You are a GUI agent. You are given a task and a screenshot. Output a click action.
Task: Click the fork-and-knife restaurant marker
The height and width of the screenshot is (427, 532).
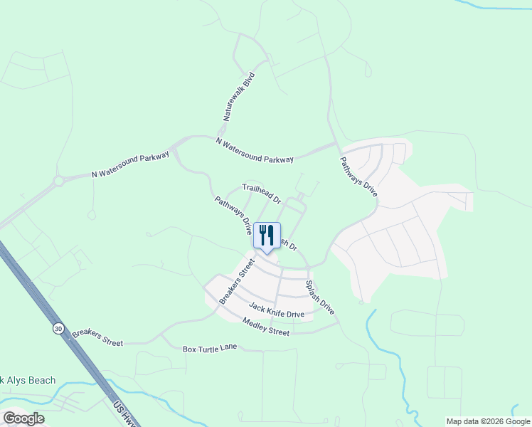coord(267,235)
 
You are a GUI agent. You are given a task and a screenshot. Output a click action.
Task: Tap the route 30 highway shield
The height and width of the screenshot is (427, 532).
coord(57,328)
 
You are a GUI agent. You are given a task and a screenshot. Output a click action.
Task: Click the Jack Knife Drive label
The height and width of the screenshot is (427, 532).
coord(277,310)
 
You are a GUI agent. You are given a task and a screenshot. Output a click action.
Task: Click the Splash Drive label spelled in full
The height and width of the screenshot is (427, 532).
coord(319,297)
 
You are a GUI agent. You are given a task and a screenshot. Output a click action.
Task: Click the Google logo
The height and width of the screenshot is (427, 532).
coord(23,418)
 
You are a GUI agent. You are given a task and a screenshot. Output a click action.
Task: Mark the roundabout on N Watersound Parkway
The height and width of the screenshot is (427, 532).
coord(59,181)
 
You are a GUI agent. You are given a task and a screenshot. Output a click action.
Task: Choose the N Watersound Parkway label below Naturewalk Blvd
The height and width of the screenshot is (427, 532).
coord(255,150)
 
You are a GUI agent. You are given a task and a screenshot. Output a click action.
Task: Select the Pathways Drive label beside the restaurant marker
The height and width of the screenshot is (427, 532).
coord(233,216)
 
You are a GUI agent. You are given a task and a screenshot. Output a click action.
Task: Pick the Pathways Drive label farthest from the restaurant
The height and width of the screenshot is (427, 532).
coord(358,176)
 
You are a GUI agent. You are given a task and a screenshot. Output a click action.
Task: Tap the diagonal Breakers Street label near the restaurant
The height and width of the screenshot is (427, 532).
coord(237,281)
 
